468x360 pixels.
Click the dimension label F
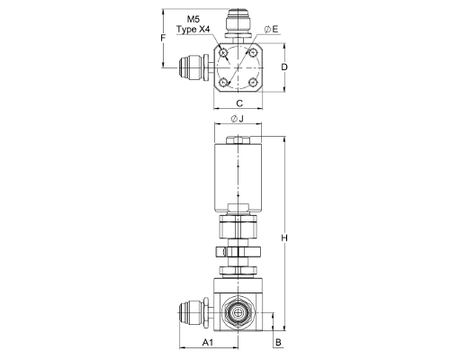click(163, 38)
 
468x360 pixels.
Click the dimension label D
click(284, 67)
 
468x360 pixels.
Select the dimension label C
click(239, 103)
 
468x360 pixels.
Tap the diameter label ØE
click(272, 29)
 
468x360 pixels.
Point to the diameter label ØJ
click(237, 119)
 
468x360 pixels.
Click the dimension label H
click(284, 238)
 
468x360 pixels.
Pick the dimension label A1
click(208, 342)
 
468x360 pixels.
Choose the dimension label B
click(278, 342)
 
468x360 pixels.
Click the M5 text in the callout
click(193, 20)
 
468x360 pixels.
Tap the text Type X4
click(193, 30)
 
